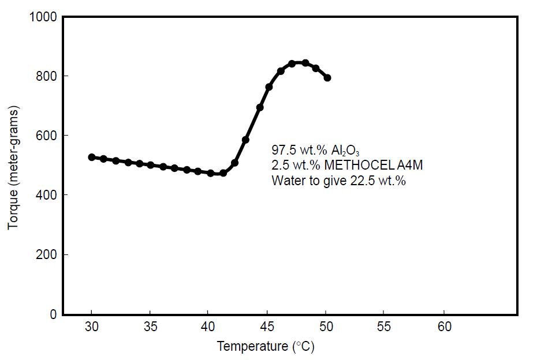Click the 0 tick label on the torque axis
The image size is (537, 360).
click(x=52, y=314)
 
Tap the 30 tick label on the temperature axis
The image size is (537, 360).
click(x=91, y=327)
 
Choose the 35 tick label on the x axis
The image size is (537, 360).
click(x=150, y=327)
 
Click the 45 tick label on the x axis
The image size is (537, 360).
click(x=267, y=327)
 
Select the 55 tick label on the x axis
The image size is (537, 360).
click(x=385, y=327)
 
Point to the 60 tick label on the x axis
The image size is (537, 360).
click(x=443, y=327)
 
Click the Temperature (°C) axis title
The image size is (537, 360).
click(x=265, y=346)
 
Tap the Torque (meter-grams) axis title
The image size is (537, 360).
click(x=13, y=167)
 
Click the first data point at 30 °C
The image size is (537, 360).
click(x=91, y=157)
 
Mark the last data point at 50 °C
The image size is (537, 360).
click(x=327, y=77)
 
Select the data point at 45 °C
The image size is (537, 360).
click(x=268, y=87)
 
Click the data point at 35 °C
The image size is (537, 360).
click(x=150, y=165)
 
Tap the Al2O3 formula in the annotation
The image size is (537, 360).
click(x=346, y=150)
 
